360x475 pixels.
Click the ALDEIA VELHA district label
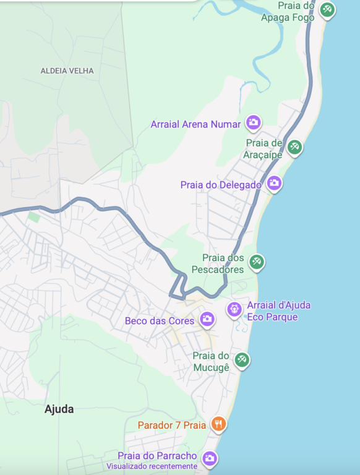67,71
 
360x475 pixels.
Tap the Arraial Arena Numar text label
195,124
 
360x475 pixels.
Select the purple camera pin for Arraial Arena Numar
253,122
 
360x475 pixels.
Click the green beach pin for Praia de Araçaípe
295,147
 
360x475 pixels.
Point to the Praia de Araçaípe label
264,149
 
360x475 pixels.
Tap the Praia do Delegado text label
221,185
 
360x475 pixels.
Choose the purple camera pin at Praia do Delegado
274,182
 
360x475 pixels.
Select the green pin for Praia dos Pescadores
257,262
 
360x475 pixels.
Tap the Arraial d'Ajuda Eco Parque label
278,311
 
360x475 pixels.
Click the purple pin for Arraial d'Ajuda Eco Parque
234,308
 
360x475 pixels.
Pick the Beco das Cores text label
160,321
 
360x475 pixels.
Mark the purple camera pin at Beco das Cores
207,319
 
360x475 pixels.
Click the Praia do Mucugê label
211,362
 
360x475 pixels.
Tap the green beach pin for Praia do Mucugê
242,359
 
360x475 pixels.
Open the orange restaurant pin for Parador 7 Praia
218,424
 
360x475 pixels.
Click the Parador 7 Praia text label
172,426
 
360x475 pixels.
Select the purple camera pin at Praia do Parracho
210,458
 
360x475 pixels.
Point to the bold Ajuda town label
59,409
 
